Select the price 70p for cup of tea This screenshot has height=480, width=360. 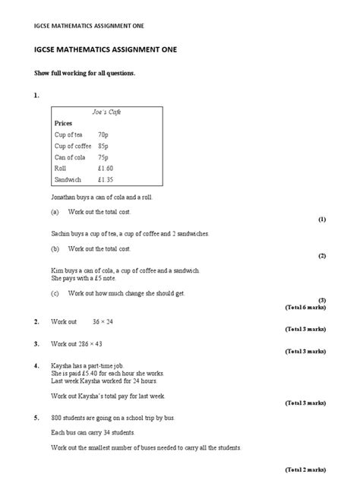pyautogui.click(x=103, y=134)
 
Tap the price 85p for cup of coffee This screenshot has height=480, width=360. pyautogui.click(x=104, y=145)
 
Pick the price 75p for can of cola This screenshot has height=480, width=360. pyautogui.click(x=104, y=156)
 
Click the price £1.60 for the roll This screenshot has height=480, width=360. pyautogui.click(x=106, y=168)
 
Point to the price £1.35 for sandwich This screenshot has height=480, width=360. pyautogui.click(x=106, y=180)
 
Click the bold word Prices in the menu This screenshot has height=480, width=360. pyautogui.click(x=65, y=122)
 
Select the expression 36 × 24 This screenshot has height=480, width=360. pyautogui.click(x=103, y=322)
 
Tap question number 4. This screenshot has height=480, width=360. pyautogui.click(x=36, y=365)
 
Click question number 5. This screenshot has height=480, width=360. pyautogui.click(x=36, y=417)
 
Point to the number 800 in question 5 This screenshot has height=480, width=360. pyautogui.click(x=57, y=417)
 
